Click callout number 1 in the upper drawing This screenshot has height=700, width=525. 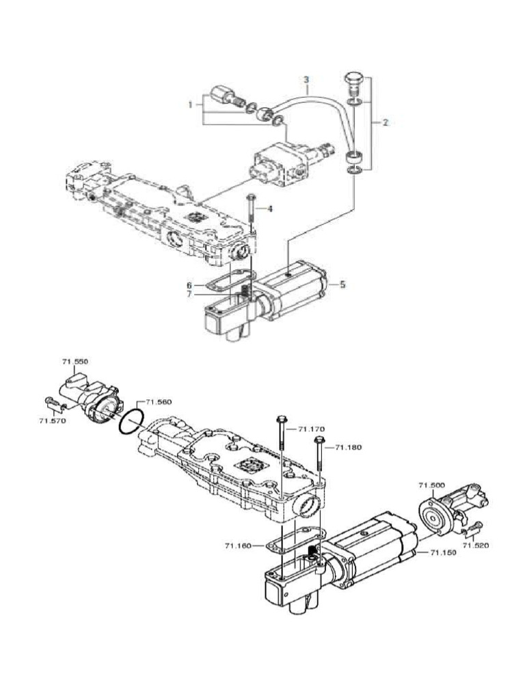190,105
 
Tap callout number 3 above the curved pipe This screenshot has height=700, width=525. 306,79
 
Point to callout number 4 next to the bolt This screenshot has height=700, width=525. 269,208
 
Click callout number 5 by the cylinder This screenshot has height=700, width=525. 342,284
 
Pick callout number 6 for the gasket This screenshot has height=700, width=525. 189,285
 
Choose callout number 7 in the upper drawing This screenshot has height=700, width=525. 189,294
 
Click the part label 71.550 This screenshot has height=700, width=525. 75,362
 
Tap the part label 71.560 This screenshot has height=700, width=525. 159,402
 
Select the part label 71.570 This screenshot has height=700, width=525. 52,421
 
